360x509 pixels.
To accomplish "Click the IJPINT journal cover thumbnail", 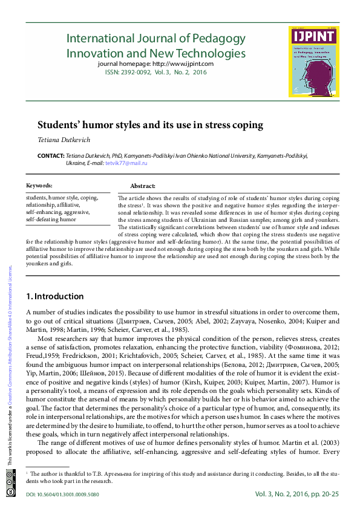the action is (313, 62).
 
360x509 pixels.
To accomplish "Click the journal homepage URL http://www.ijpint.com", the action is (183, 63).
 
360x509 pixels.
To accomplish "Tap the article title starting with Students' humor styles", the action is (151, 125).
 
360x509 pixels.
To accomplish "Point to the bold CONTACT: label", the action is (50, 155).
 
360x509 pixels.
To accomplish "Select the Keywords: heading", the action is (39, 186).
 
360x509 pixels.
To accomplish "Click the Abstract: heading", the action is (143, 186).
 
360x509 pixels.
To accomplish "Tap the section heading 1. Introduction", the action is (55, 296).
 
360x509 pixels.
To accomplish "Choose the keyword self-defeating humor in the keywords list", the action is (51, 219).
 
